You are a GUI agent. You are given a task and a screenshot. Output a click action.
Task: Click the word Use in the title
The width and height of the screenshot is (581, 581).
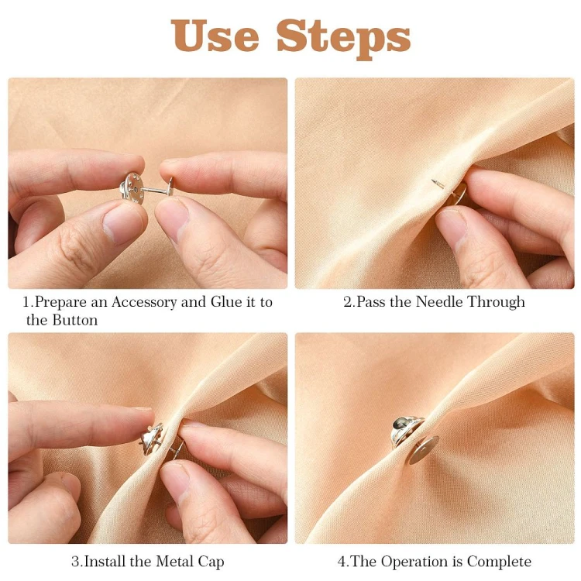point(215,35)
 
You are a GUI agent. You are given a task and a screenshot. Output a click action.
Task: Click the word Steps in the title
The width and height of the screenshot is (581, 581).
point(344,38)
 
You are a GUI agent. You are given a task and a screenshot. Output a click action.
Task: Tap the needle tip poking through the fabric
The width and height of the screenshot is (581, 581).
point(432,181)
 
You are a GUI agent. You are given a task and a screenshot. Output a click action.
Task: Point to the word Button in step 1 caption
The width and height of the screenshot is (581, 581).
point(75,320)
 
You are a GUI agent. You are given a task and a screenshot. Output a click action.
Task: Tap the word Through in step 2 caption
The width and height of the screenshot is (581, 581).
point(496,302)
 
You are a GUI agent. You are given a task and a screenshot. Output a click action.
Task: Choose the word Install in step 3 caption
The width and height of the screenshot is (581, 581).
point(105,561)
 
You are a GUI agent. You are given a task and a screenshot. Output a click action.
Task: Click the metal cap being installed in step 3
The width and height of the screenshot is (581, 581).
point(152,439)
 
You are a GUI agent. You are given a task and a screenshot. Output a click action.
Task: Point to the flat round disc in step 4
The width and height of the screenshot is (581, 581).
point(422,450)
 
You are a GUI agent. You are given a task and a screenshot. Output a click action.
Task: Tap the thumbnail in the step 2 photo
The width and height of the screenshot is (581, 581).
point(452,225)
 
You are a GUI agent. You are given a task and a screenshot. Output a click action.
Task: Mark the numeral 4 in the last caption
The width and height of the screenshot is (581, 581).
point(342,562)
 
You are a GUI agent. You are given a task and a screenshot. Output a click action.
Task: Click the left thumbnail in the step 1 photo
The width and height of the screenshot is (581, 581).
point(122,222)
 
